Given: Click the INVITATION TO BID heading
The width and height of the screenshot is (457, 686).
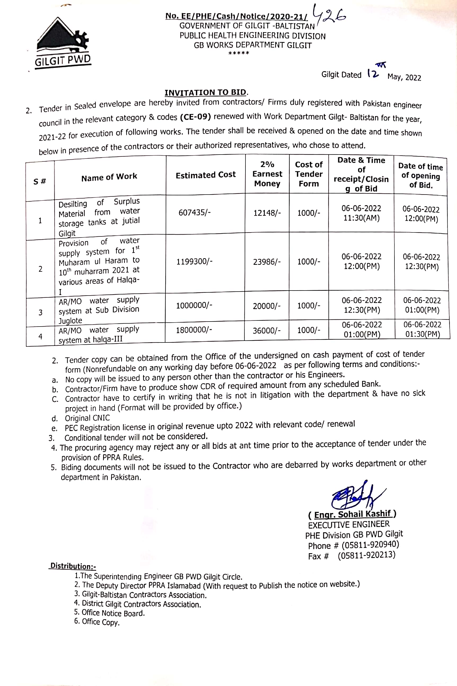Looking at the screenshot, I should [x=206, y=93].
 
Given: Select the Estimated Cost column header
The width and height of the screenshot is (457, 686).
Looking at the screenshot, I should [x=205, y=175].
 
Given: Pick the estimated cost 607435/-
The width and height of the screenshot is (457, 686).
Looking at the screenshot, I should [x=194, y=212].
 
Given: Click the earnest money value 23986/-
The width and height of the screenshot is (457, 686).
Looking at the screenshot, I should [x=267, y=262].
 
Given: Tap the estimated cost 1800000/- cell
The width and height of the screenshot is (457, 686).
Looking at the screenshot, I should [x=194, y=330].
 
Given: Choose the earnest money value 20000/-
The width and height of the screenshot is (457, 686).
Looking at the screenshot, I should [x=266, y=306].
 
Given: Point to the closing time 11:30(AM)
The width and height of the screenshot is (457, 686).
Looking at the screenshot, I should [x=361, y=218].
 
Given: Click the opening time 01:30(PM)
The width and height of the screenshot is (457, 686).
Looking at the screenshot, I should [x=422, y=334].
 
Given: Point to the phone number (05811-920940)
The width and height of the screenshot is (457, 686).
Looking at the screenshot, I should [x=370, y=545].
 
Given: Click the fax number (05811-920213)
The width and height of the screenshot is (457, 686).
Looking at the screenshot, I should [x=366, y=555].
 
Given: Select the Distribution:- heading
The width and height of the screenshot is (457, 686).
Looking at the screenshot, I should [x=73, y=566].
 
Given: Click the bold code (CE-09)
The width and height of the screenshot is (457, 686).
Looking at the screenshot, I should [x=195, y=117].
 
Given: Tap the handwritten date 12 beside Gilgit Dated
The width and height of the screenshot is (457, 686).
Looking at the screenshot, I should [x=373, y=73].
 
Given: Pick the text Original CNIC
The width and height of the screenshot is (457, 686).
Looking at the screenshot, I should [x=87, y=418].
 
